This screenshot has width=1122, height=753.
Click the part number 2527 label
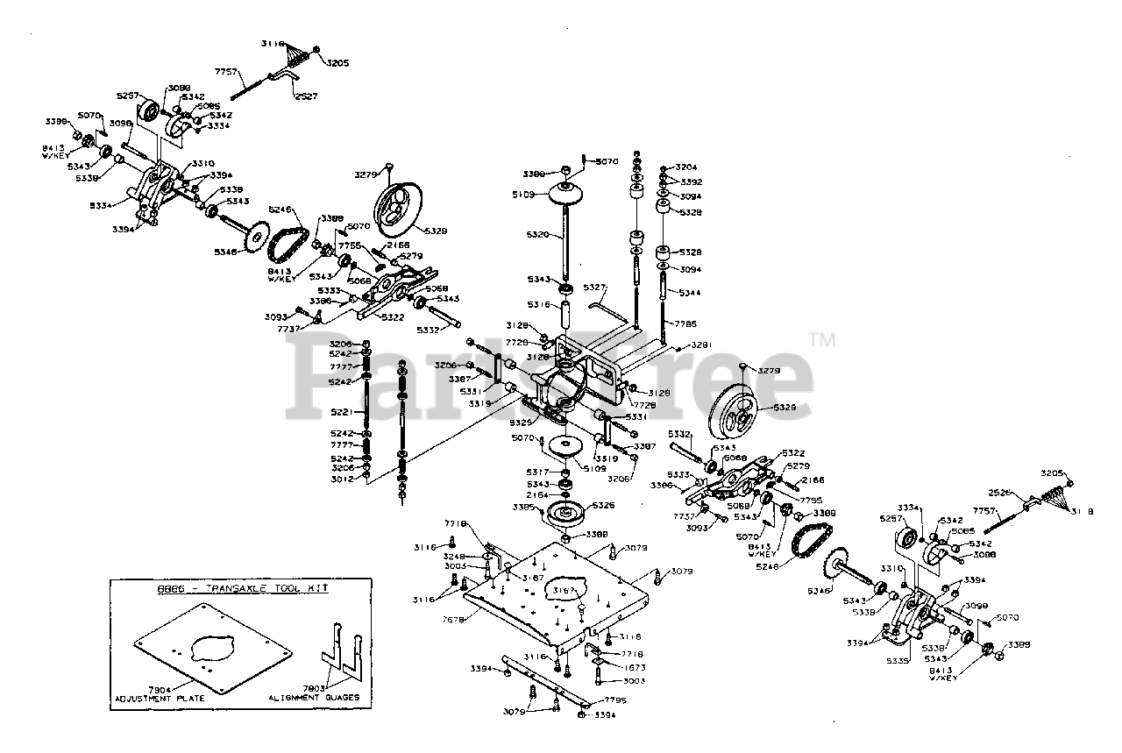pos(306,96)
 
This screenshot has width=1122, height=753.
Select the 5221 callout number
pos(342,412)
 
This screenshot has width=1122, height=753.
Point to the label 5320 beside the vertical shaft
pos(538,235)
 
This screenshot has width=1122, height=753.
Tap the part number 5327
pos(595,287)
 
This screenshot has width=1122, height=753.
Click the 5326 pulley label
pos(603,506)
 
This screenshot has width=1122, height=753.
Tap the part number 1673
pos(610,667)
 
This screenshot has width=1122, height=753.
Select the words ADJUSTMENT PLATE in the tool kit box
pos(160,699)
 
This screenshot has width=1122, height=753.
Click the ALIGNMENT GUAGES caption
pos(314,699)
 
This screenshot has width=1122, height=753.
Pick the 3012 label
pos(342,479)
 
